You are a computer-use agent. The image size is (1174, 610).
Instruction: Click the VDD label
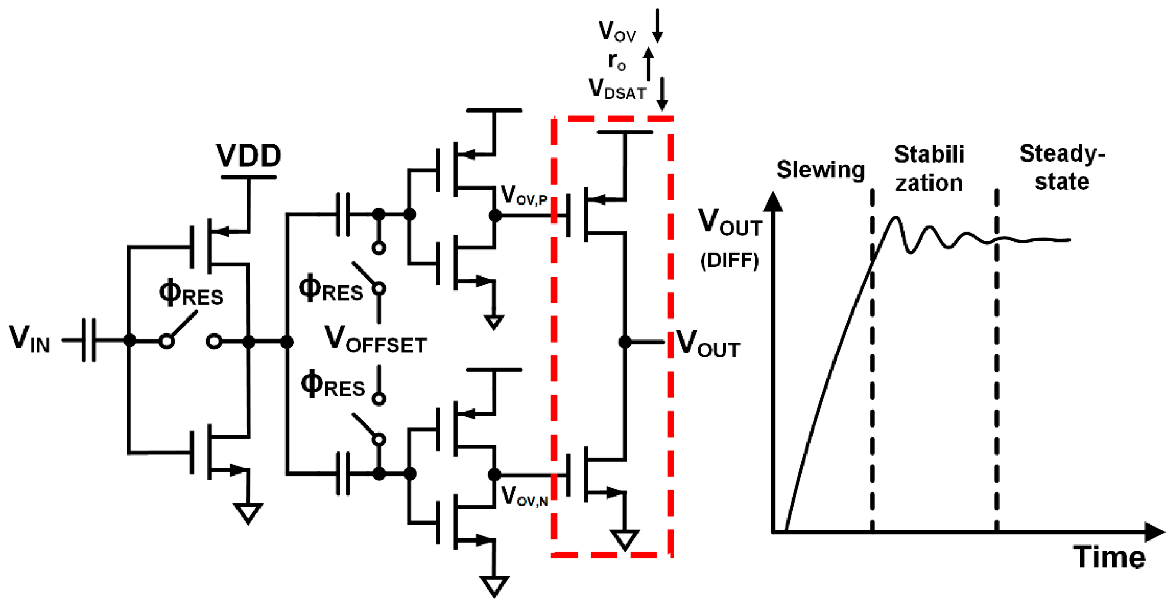pyautogui.click(x=248, y=156)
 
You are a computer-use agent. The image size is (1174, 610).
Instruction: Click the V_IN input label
pyautogui.click(x=30, y=339)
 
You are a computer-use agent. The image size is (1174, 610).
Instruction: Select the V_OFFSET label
pyautogui.click(x=375, y=340)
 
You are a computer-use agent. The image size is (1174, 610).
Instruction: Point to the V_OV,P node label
pyautogui.click(x=523, y=195)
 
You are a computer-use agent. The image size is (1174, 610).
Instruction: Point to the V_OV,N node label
pyautogui.click(x=524, y=496)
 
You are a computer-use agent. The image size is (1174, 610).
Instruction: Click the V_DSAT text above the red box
pyautogui.click(x=617, y=89)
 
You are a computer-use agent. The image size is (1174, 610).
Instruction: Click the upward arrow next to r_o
pyautogui.click(x=648, y=63)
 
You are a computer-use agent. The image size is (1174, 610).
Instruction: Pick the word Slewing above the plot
pyautogui.click(x=820, y=170)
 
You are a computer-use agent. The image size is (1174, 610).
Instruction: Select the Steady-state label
pyautogui.click(x=1062, y=168)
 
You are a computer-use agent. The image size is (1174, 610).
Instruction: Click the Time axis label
pyautogui.click(x=1109, y=558)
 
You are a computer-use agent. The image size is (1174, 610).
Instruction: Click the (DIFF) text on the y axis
pyautogui.click(x=729, y=261)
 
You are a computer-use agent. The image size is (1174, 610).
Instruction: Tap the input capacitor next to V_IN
pyautogui.click(x=89, y=340)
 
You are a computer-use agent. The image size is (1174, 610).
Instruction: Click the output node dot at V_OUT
pyautogui.click(x=625, y=342)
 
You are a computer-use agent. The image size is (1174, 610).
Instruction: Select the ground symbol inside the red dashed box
pyautogui.click(x=625, y=540)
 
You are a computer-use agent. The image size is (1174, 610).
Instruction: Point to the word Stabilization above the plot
pyautogui.click(x=929, y=169)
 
